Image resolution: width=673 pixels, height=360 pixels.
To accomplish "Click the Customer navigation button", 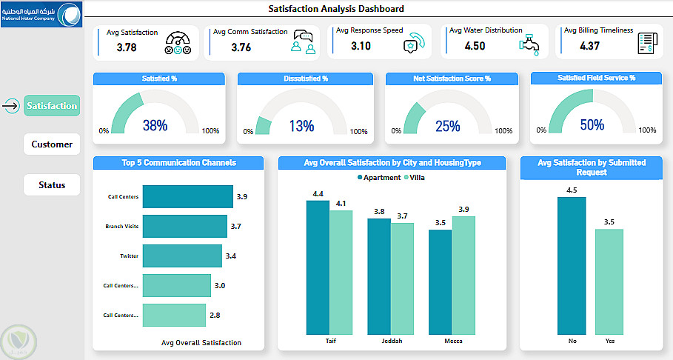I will [52, 144].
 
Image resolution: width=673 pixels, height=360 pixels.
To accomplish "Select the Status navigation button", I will [52, 185].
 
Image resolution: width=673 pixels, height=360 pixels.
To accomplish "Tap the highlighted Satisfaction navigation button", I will [52, 106].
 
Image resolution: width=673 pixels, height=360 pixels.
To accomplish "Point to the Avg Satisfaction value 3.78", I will [127, 47].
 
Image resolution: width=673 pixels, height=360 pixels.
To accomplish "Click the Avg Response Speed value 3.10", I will [361, 46].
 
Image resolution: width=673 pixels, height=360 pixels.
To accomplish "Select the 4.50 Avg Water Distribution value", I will [475, 46].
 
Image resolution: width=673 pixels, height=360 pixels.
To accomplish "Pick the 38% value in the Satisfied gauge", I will [155, 126].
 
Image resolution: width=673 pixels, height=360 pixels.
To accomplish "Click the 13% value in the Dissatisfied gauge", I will [301, 126].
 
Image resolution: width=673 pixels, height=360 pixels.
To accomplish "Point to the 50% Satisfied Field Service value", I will [592, 125].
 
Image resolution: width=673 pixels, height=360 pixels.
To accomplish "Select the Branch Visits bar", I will [184, 226].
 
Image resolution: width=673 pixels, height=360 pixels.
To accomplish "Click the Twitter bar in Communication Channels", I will [182, 256].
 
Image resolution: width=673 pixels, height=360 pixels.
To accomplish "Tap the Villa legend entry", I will [414, 177].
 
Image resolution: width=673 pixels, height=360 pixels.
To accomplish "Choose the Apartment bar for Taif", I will [318, 267].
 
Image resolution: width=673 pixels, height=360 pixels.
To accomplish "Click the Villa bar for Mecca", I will [463, 274].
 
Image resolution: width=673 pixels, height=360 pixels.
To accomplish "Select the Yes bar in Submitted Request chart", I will [609, 281].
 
